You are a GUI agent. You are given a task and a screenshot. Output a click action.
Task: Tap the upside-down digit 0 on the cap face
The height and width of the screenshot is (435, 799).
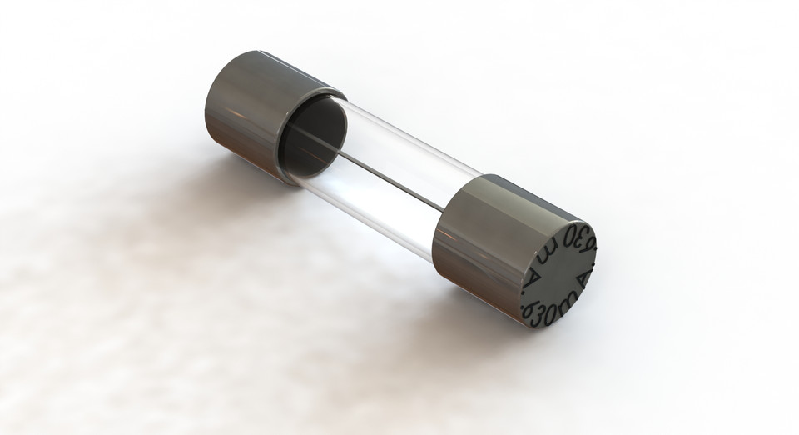pyautogui.click(x=568, y=234)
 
